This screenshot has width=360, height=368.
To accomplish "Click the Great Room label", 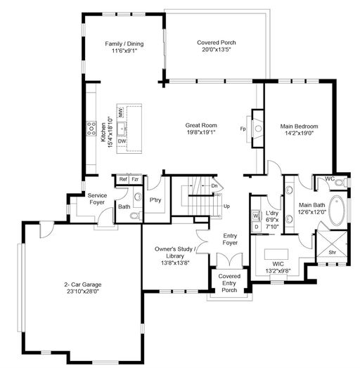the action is pyautogui.click(x=201, y=125).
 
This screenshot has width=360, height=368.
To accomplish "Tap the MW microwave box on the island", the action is pyautogui.click(x=121, y=112).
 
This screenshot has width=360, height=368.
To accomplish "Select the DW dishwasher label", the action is pyautogui.click(x=122, y=141).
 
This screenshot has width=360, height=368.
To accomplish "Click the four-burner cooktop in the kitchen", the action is pyautogui.click(x=91, y=129).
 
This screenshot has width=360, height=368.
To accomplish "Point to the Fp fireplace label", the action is pyautogui.click(x=243, y=129).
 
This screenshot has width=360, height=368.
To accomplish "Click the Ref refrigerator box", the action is pyautogui.click(x=123, y=180).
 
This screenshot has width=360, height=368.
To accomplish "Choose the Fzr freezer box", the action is pyautogui.click(x=135, y=180).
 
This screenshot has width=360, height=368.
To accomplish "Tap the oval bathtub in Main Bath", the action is pyautogui.click(x=337, y=211).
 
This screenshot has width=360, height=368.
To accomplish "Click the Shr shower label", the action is pyautogui.click(x=332, y=253).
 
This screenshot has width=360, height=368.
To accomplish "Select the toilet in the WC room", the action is pyautogui.click(x=341, y=183).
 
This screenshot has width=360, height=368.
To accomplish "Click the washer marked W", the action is pyautogui.click(x=256, y=216).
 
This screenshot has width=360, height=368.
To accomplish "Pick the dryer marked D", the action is pyautogui.click(x=256, y=227).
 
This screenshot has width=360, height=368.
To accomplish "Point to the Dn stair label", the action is pyautogui.click(x=214, y=186).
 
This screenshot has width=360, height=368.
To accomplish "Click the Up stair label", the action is pyautogui.click(x=226, y=206).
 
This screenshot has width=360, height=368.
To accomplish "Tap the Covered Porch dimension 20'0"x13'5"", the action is pyautogui.click(x=217, y=50).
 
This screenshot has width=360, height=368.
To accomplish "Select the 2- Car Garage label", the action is pyautogui.click(x=83, y=284).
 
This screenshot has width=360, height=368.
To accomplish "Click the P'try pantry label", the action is pyautogui.click(x=155, y=200).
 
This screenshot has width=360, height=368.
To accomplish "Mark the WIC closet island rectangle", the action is pyautogui.click(x=276, y=254).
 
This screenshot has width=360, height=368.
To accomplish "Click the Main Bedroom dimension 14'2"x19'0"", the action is pyautogui.click(x=300, y=133).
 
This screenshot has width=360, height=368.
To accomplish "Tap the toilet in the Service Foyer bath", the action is pyautogui.click(x=136, y=216).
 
